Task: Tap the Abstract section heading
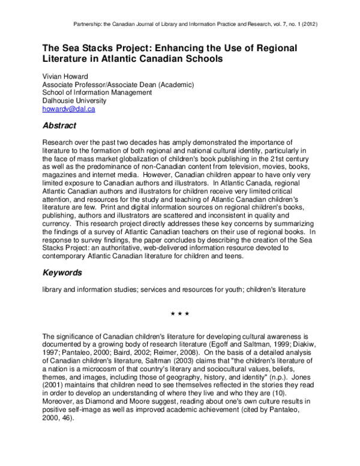pyautogui.click(x=59, y=126)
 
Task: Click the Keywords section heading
pyautogui.click(x=62, y=273)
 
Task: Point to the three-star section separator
pyautogui.click(x=180, y=313)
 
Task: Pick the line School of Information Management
pyautogui.click(x=97, y=92)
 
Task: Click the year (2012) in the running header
pyautogui.click(x=305, y=25)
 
